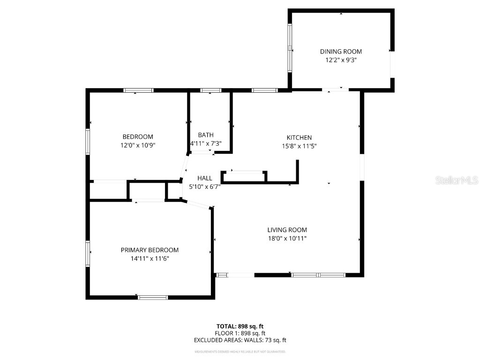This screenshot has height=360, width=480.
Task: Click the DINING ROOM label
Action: [x=341, y=52]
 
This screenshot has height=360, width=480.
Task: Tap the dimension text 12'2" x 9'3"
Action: [x=341, y=60]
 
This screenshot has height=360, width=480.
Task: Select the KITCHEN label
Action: [x=299, y=137]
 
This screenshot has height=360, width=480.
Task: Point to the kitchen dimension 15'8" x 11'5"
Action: [x=299, y=146]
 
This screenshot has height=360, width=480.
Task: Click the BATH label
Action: [x=206, y=135]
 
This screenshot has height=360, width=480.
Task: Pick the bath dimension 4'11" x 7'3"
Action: [x=206, y=143]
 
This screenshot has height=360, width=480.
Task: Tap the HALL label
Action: [x=205, y=178]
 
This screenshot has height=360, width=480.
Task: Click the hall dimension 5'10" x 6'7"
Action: [x=205, y=187]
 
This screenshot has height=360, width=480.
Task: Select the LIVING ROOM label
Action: [x=287, y=230]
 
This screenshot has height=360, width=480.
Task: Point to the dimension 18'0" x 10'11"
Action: [x=287, y=238]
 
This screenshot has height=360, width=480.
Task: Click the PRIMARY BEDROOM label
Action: [x=150, y=250]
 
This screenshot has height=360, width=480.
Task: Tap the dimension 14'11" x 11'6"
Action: [x=150, y=258]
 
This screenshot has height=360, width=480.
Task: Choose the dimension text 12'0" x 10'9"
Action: [x=138, y=145]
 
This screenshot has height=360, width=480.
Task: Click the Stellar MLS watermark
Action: [x=457, y=180]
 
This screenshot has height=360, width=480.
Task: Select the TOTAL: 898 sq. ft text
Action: [x=240, y=326]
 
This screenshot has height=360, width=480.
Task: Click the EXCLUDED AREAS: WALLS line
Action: [x=240, y=340]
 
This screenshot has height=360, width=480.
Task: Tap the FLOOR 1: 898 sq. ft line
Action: [x=240, y=333]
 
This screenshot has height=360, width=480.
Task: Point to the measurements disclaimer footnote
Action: [x=240, y=351]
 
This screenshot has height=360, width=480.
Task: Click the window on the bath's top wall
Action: [x=210, y=90]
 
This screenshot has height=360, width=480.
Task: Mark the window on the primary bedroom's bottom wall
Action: [x=153, y=297]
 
